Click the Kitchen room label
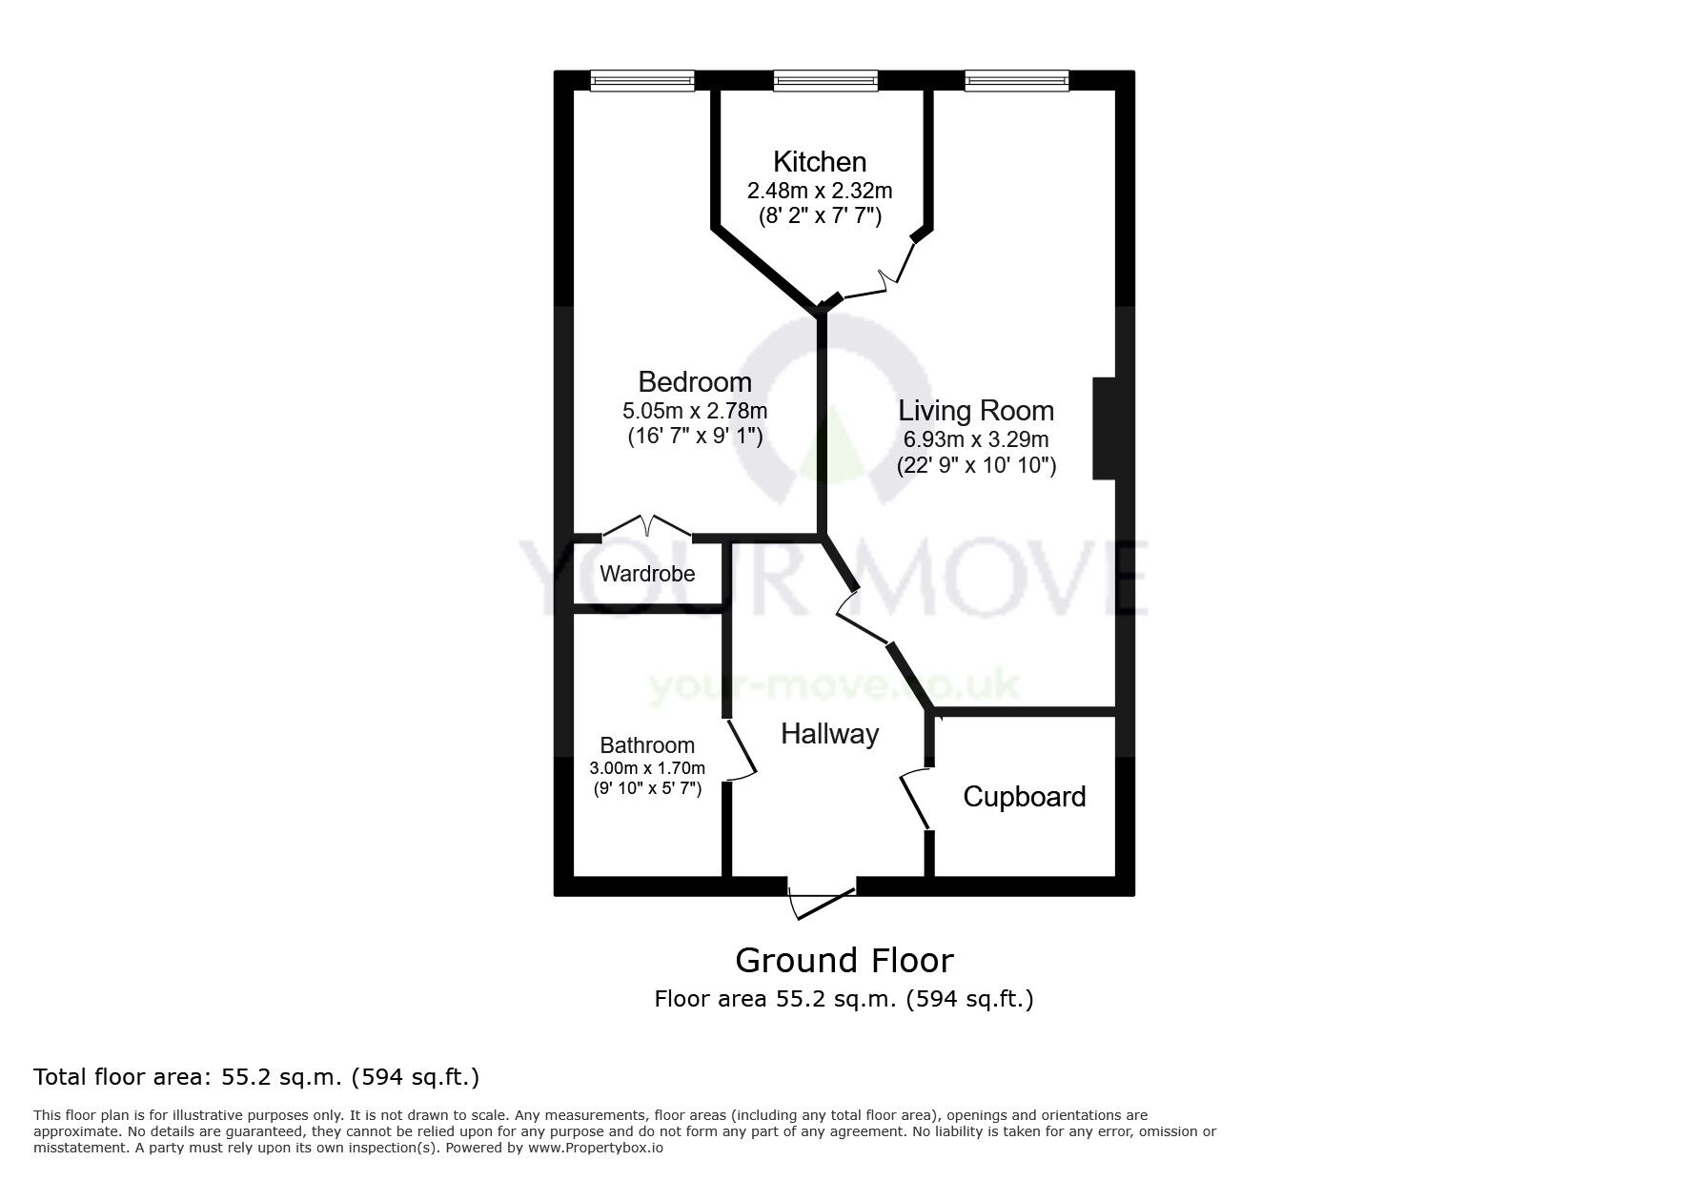click(819, 161)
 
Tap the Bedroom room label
click(695, 382)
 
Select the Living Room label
click(976, 411)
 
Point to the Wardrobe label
click(647, 574)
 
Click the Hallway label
click(829, 734)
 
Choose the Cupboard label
click(1024, 797)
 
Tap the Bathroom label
click(647, 745)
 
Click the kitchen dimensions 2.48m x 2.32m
click(819, 191)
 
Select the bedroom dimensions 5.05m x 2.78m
click(695, 412)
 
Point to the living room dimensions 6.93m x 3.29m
click(976, 439)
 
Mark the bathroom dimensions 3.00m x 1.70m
click(647, 768)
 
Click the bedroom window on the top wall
click(641, 82)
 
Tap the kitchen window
click(825, 82)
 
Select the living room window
click(1016, 82)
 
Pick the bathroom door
click(742, 751)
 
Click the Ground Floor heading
click(844, 960)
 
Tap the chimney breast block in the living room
click(1104, 429)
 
